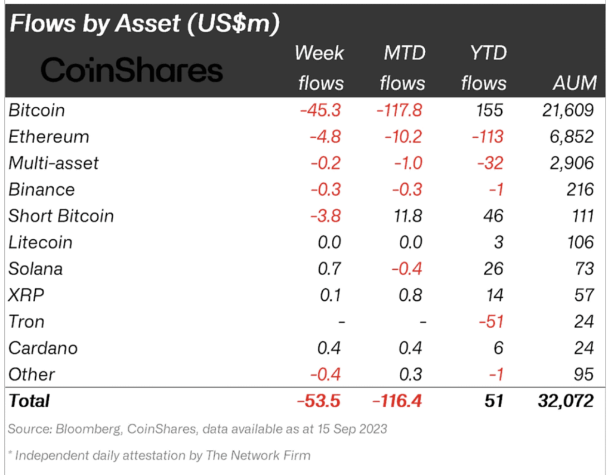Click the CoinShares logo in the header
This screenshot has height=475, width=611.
point(132,70)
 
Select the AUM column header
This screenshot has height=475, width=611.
point(575,83)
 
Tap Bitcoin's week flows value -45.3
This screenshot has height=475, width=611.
point(320,110)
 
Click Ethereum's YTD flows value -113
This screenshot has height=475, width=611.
point(487,137)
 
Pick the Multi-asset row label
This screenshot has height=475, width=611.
point(53,163)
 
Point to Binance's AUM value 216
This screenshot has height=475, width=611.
point(580,189)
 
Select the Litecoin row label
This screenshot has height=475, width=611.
point(41,242)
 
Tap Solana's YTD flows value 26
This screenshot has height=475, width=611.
point(493,269)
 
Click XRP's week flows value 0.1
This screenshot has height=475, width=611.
point(331,295)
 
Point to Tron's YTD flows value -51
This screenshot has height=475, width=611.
point(491,322)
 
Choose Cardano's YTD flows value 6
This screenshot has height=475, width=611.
point(498,348)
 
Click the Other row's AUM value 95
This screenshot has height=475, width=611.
point(584,375)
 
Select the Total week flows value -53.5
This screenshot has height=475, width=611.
point(319,401)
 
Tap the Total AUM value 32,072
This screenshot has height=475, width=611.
point(566,401)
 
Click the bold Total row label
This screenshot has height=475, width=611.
point(29,401)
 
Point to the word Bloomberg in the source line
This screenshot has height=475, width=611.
point(88,429)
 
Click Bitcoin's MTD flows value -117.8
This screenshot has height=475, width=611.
point(399,110)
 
